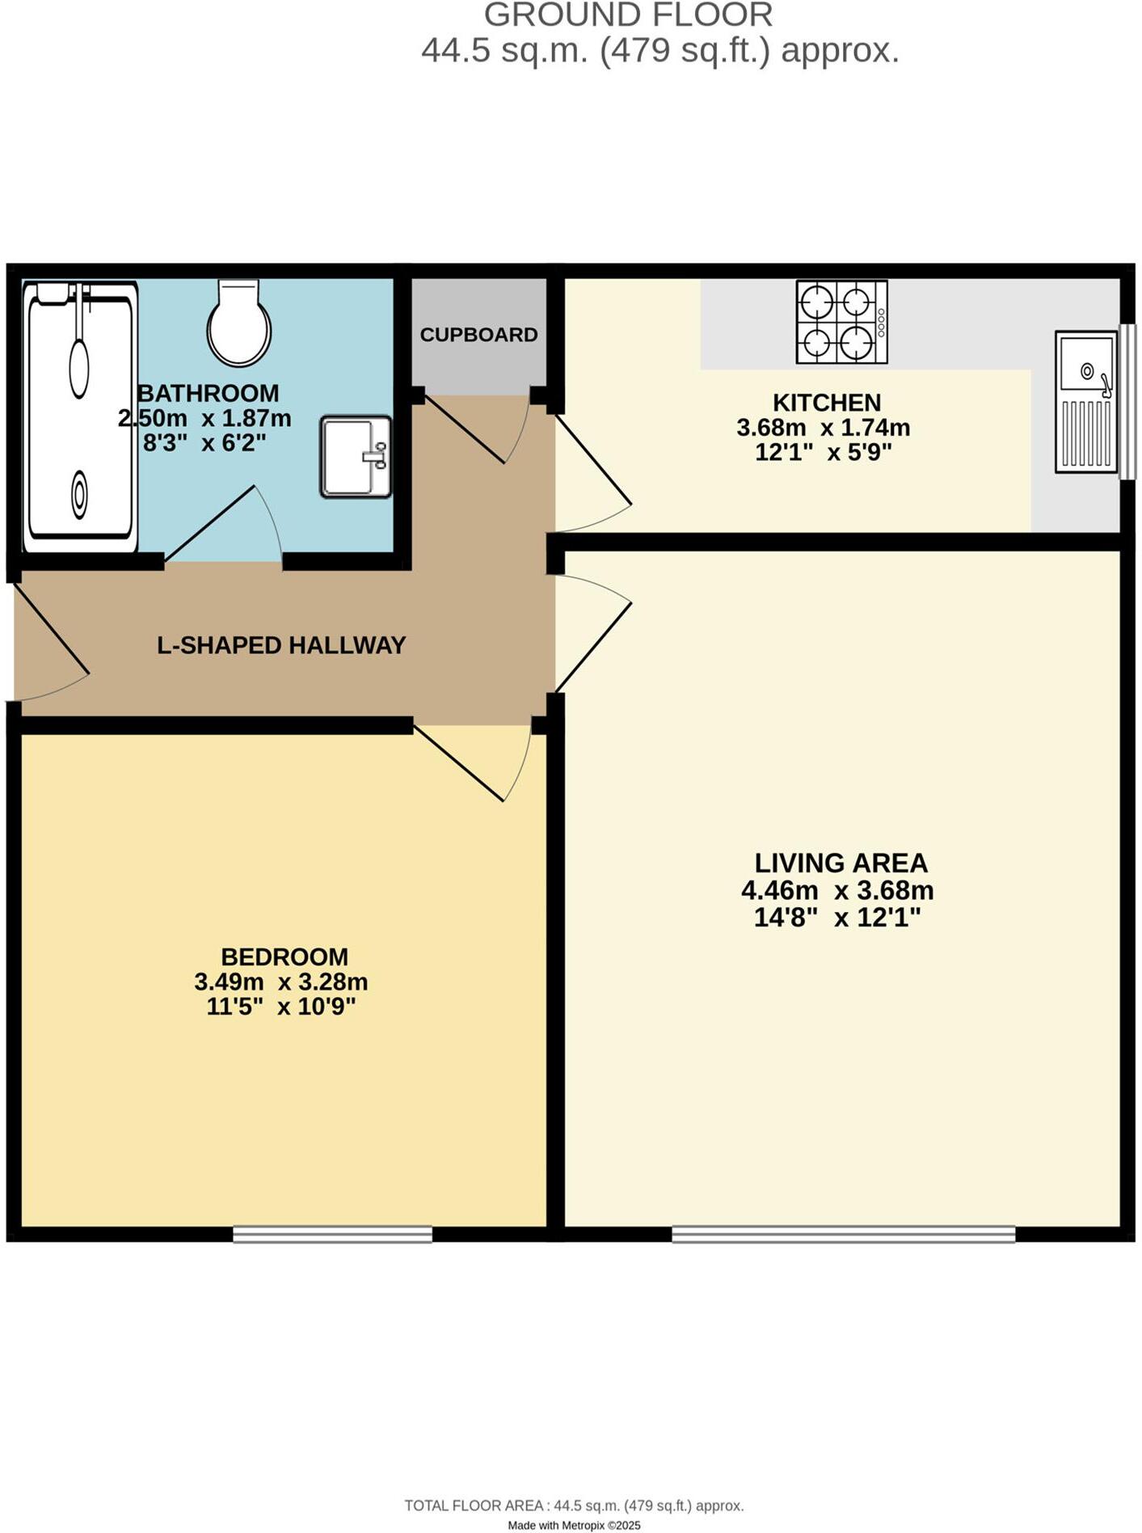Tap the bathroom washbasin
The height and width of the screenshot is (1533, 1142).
point(356,457)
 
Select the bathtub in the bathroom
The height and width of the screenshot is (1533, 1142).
point(80,416)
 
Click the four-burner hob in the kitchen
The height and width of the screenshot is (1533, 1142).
point(841,322)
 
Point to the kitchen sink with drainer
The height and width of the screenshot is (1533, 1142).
point(1086,402)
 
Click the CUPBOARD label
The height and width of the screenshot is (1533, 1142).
point(478,335)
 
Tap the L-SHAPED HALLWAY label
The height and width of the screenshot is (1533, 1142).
point(281,645)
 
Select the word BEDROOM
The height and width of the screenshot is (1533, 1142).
point(284,957)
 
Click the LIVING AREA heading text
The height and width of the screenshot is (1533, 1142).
point(841,863)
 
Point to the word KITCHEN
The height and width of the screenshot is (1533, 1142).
point(826,402)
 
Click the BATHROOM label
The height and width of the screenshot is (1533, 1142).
point(209,393)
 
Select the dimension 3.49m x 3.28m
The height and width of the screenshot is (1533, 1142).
point(281,982)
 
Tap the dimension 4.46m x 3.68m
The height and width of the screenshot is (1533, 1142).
point(837,890)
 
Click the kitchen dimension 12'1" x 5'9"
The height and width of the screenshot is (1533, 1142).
point(823,452)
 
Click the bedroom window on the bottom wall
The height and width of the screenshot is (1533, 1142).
point(332,1234)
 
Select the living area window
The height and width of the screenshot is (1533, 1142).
point(843,1234)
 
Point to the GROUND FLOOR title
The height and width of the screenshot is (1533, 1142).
point(628,15)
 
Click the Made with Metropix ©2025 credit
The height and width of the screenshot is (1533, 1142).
point(574,1526)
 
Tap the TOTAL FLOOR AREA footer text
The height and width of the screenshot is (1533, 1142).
point(574,1506)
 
